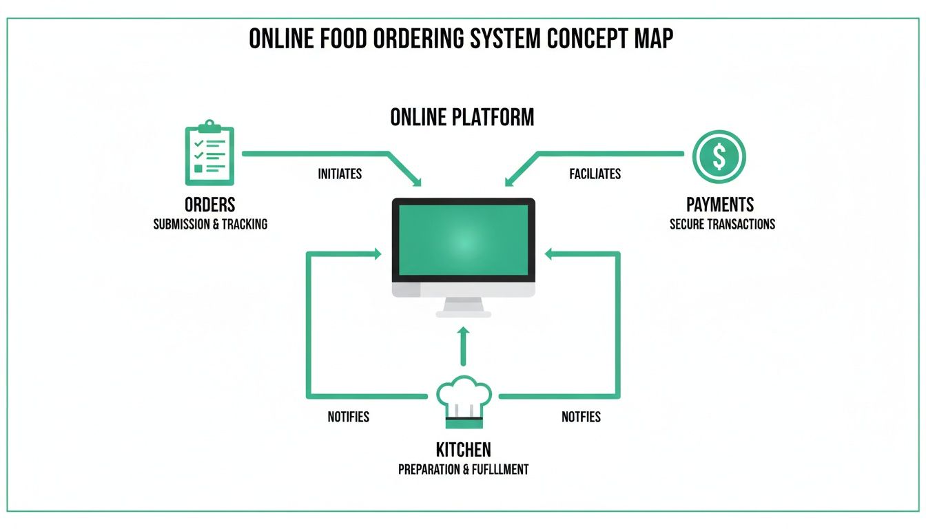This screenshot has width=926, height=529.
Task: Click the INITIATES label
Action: click(340, 174)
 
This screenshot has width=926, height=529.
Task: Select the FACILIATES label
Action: click(595, 174)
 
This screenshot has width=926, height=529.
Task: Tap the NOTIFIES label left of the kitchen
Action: click(348, 417)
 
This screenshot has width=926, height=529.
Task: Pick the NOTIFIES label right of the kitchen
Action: click(581, 417)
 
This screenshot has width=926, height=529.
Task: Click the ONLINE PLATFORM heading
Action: click(462, 117)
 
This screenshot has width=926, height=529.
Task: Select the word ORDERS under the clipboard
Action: click(209, 205)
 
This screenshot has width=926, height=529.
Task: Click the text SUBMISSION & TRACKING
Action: click(210, 224)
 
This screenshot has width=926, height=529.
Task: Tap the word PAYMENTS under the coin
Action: click(720, 205)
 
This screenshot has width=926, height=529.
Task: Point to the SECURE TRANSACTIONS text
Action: click(722, 224)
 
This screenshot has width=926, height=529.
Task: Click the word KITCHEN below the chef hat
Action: click(464, 450)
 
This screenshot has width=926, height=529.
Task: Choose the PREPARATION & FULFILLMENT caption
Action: click(464, 469)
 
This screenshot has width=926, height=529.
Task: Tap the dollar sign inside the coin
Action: click(719, 156)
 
